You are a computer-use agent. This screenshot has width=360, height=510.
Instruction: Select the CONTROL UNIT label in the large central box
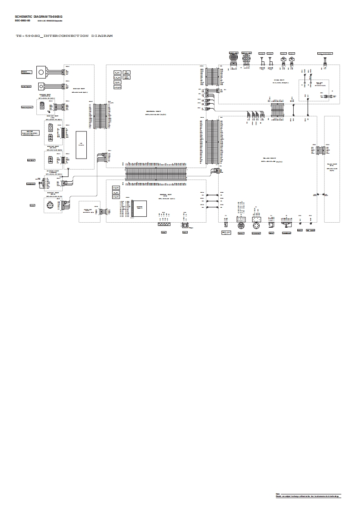153,112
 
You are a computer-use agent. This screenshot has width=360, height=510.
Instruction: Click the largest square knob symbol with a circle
42,72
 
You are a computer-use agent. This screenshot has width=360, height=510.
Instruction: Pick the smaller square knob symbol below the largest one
42,86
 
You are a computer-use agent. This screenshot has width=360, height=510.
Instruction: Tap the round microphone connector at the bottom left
50,206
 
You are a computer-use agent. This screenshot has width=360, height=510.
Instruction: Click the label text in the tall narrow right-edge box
332,166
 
